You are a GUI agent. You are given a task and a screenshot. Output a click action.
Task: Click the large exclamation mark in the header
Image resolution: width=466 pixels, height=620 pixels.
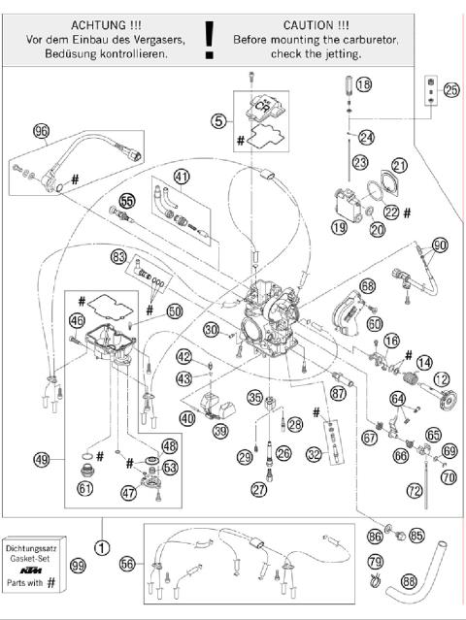tap(209, 39)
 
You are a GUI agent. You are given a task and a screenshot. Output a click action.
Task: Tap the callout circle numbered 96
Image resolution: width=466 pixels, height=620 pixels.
tap(41, 132)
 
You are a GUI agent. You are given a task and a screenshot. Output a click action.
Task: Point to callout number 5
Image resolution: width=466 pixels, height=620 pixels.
tap(219, 121)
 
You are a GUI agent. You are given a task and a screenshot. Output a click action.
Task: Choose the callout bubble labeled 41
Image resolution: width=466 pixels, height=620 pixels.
tap(182, 176)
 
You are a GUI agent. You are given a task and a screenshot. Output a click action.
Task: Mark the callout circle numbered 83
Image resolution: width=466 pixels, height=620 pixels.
tap(119, 257)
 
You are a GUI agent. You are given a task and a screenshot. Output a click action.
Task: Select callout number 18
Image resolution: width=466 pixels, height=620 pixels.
tap(362, 85)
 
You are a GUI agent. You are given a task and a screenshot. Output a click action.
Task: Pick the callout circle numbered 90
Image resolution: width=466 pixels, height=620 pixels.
tap(439, 245)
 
